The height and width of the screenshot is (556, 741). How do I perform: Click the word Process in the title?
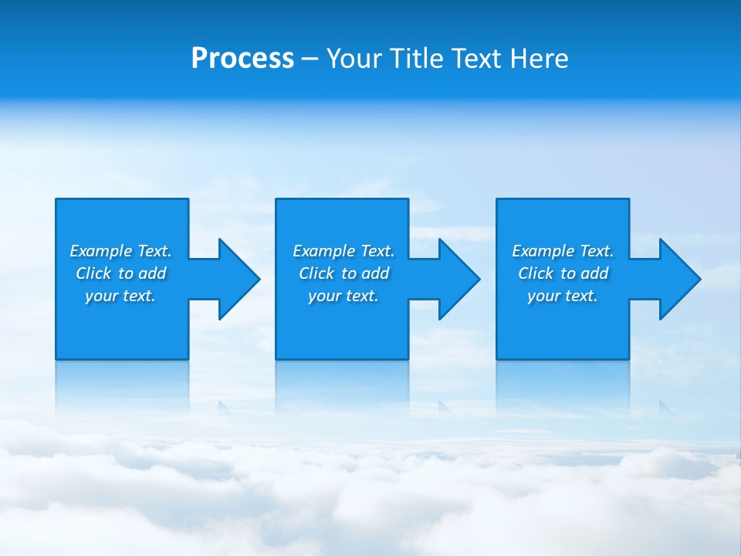coord(242,59)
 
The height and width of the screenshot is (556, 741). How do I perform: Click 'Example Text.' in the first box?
coord(120,251)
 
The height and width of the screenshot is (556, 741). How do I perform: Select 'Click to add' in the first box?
coord(120,273)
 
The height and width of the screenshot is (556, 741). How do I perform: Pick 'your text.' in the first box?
coord(120,296)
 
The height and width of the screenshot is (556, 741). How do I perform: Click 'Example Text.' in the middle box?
coord(343,251)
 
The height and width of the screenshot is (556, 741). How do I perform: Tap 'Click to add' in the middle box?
coord(343,273)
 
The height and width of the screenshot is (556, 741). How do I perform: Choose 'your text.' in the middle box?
coord(343,296)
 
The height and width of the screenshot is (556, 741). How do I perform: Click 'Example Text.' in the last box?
coord(563,251)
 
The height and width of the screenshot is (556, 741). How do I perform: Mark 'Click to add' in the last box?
coord(563,273)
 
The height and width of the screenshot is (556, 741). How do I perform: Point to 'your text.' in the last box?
coord(563,296)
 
